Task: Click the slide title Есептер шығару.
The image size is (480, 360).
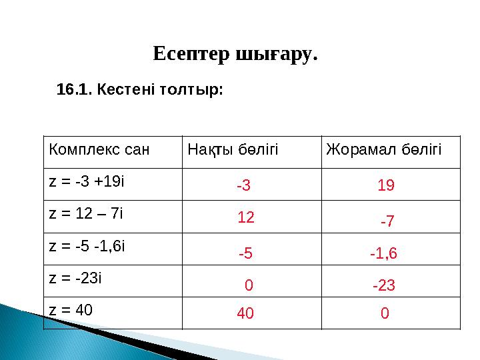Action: (x=235, y=53)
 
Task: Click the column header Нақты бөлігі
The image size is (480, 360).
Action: (x=233, y=148)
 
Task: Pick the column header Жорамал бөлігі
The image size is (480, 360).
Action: (x=383, y=148)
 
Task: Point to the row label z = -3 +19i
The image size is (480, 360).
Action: (x=87, y=181)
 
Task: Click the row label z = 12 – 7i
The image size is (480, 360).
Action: (x=87, y=214)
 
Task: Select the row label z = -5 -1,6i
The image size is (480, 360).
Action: (x=87, y=246)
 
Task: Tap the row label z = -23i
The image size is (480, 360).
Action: (x=75, y=278)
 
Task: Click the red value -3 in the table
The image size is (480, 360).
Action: (x=243, y=187)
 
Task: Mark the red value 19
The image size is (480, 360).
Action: (x=386, y=187)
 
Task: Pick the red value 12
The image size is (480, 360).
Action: (x=246, y=217)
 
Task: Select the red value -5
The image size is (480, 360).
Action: (x=245, y=253)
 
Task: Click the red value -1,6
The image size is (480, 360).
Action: (x=383, y=253)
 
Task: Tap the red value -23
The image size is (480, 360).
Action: (x=384, y=286)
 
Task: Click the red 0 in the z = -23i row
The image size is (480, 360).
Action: (x=249, y=286)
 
